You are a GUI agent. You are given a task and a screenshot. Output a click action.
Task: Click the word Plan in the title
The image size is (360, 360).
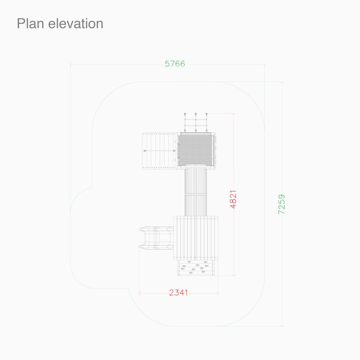[x=30, y=24]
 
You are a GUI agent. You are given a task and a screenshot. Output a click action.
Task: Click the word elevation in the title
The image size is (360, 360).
[x=76, y=24]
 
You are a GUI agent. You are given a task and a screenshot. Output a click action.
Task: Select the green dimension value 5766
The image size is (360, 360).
[x=175, y=64]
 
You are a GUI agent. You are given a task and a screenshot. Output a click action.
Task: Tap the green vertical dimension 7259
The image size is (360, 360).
[x=281, y=204]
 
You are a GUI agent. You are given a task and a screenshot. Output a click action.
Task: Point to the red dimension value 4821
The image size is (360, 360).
[x=233, y=199]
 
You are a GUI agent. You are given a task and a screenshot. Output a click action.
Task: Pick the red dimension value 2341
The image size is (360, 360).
[x=178, y=292]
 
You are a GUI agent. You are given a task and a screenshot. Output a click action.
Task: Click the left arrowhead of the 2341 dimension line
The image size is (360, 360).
[x=140, y=293]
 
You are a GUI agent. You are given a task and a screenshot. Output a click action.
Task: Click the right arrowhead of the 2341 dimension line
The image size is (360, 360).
[x=217, y=293]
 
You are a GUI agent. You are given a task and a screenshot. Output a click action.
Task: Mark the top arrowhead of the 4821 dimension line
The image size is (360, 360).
[x=234, y=114]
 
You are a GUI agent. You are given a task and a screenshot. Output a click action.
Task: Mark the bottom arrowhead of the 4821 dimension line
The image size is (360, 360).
[x=234, y=275]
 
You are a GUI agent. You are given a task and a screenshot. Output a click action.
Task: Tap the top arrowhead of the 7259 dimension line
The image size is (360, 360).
[x=282, y=83]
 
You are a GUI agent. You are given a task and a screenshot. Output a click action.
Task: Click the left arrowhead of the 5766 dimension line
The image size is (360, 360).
[x=71, y=65]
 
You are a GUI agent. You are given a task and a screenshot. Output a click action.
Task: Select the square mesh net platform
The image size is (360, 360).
[x=195, y=149]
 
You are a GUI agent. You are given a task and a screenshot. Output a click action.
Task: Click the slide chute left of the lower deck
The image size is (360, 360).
[x=156, y=238]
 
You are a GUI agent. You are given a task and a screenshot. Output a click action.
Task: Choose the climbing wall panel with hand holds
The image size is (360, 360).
[x=195, y=268]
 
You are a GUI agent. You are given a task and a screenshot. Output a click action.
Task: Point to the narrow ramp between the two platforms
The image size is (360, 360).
[x=195, y=192]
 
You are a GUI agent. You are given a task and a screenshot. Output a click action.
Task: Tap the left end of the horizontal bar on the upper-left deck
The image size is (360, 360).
[x=144, y=151]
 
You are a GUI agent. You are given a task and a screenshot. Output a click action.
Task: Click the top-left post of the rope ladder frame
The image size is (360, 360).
[x=185, y=114]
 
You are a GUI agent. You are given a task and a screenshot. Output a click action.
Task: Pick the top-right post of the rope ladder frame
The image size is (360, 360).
[x=206, y=114]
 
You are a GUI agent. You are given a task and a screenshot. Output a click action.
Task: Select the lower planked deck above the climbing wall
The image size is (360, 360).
[x=196, y=238]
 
